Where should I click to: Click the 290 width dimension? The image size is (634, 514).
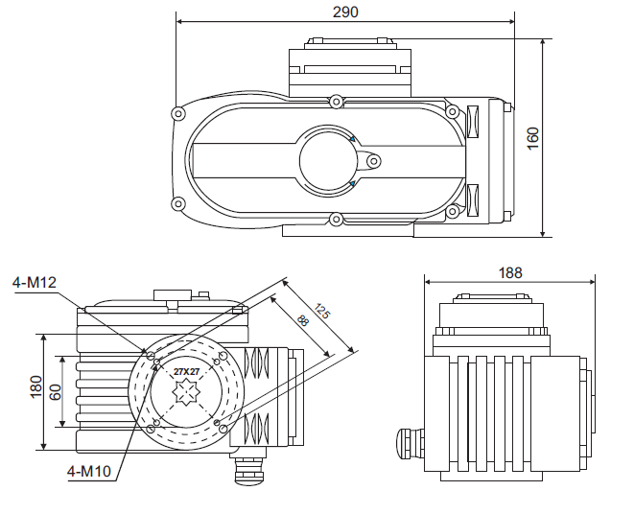point(345,12)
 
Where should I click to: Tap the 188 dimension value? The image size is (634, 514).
point(510,272)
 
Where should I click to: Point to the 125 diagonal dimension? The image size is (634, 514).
point(321,312)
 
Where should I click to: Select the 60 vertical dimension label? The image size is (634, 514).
point(56,391)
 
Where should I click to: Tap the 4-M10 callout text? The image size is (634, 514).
point(90,470)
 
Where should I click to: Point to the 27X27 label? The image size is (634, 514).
point(187,370)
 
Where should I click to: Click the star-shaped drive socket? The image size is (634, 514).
point(185,392)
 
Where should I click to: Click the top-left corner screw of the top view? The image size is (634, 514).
point(177,114)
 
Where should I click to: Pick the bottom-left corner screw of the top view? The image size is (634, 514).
point(177,203)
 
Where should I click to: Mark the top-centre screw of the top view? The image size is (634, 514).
point(335,101)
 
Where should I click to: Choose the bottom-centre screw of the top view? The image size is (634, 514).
point(335,220)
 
